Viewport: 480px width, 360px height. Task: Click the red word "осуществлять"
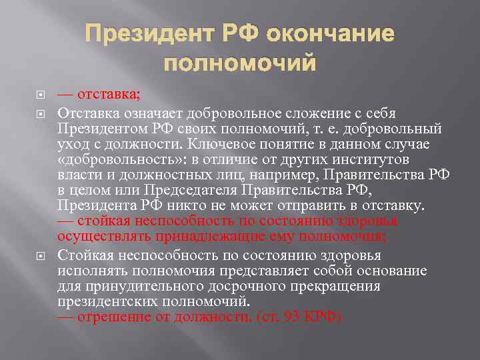[x=102, y=235]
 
